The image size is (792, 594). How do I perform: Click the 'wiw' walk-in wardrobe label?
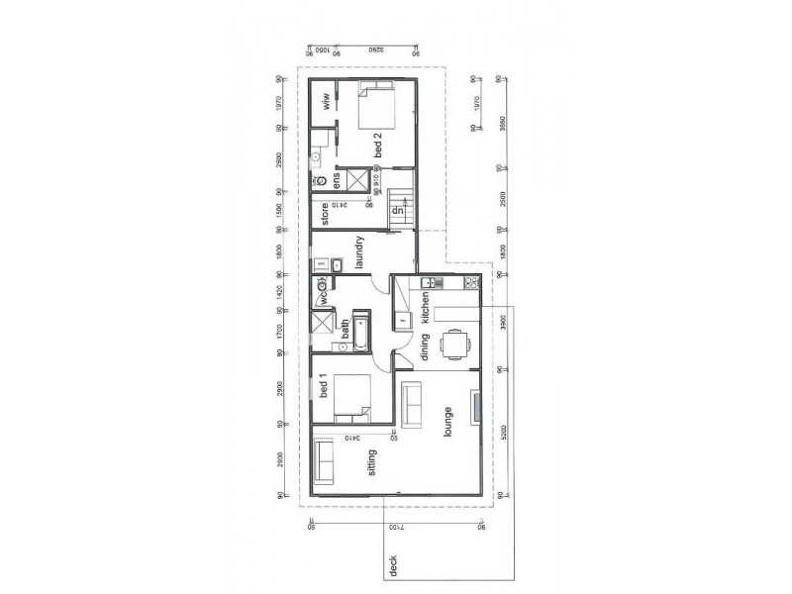click(x=324, y=102)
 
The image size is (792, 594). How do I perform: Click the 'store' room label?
click(x=324, y=214)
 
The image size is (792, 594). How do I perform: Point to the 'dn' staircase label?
click(x=397, y=211)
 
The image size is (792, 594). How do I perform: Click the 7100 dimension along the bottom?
click(x=396, y=533)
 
